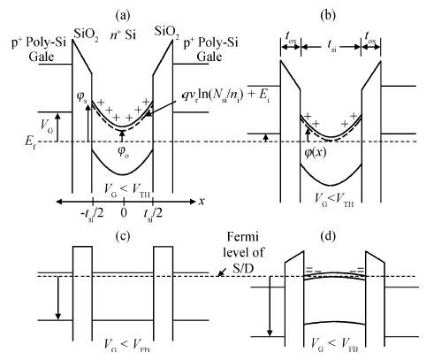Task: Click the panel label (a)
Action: coord(123,15)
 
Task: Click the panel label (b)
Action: coord(328,15)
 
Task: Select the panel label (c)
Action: coord(123,236)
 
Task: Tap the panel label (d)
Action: coord(328,236)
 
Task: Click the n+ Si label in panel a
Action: coord(123,34)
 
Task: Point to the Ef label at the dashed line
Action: coord(30,142)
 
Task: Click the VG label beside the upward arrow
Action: coord(47,126)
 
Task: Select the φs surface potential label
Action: coord(82,97)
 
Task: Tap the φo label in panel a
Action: coord(123,152)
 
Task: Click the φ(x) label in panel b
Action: coord(316,152)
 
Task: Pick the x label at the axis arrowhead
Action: coord(202,201)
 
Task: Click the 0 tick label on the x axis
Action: coord(124,212)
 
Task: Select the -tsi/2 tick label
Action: coord(92,213)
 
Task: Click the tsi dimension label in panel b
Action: coord(331,46)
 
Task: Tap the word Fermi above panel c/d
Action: coord(243,236)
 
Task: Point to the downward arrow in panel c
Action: coord(58,298)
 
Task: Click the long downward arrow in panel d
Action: coord(270,306)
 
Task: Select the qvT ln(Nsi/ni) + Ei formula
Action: coord(226,96)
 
